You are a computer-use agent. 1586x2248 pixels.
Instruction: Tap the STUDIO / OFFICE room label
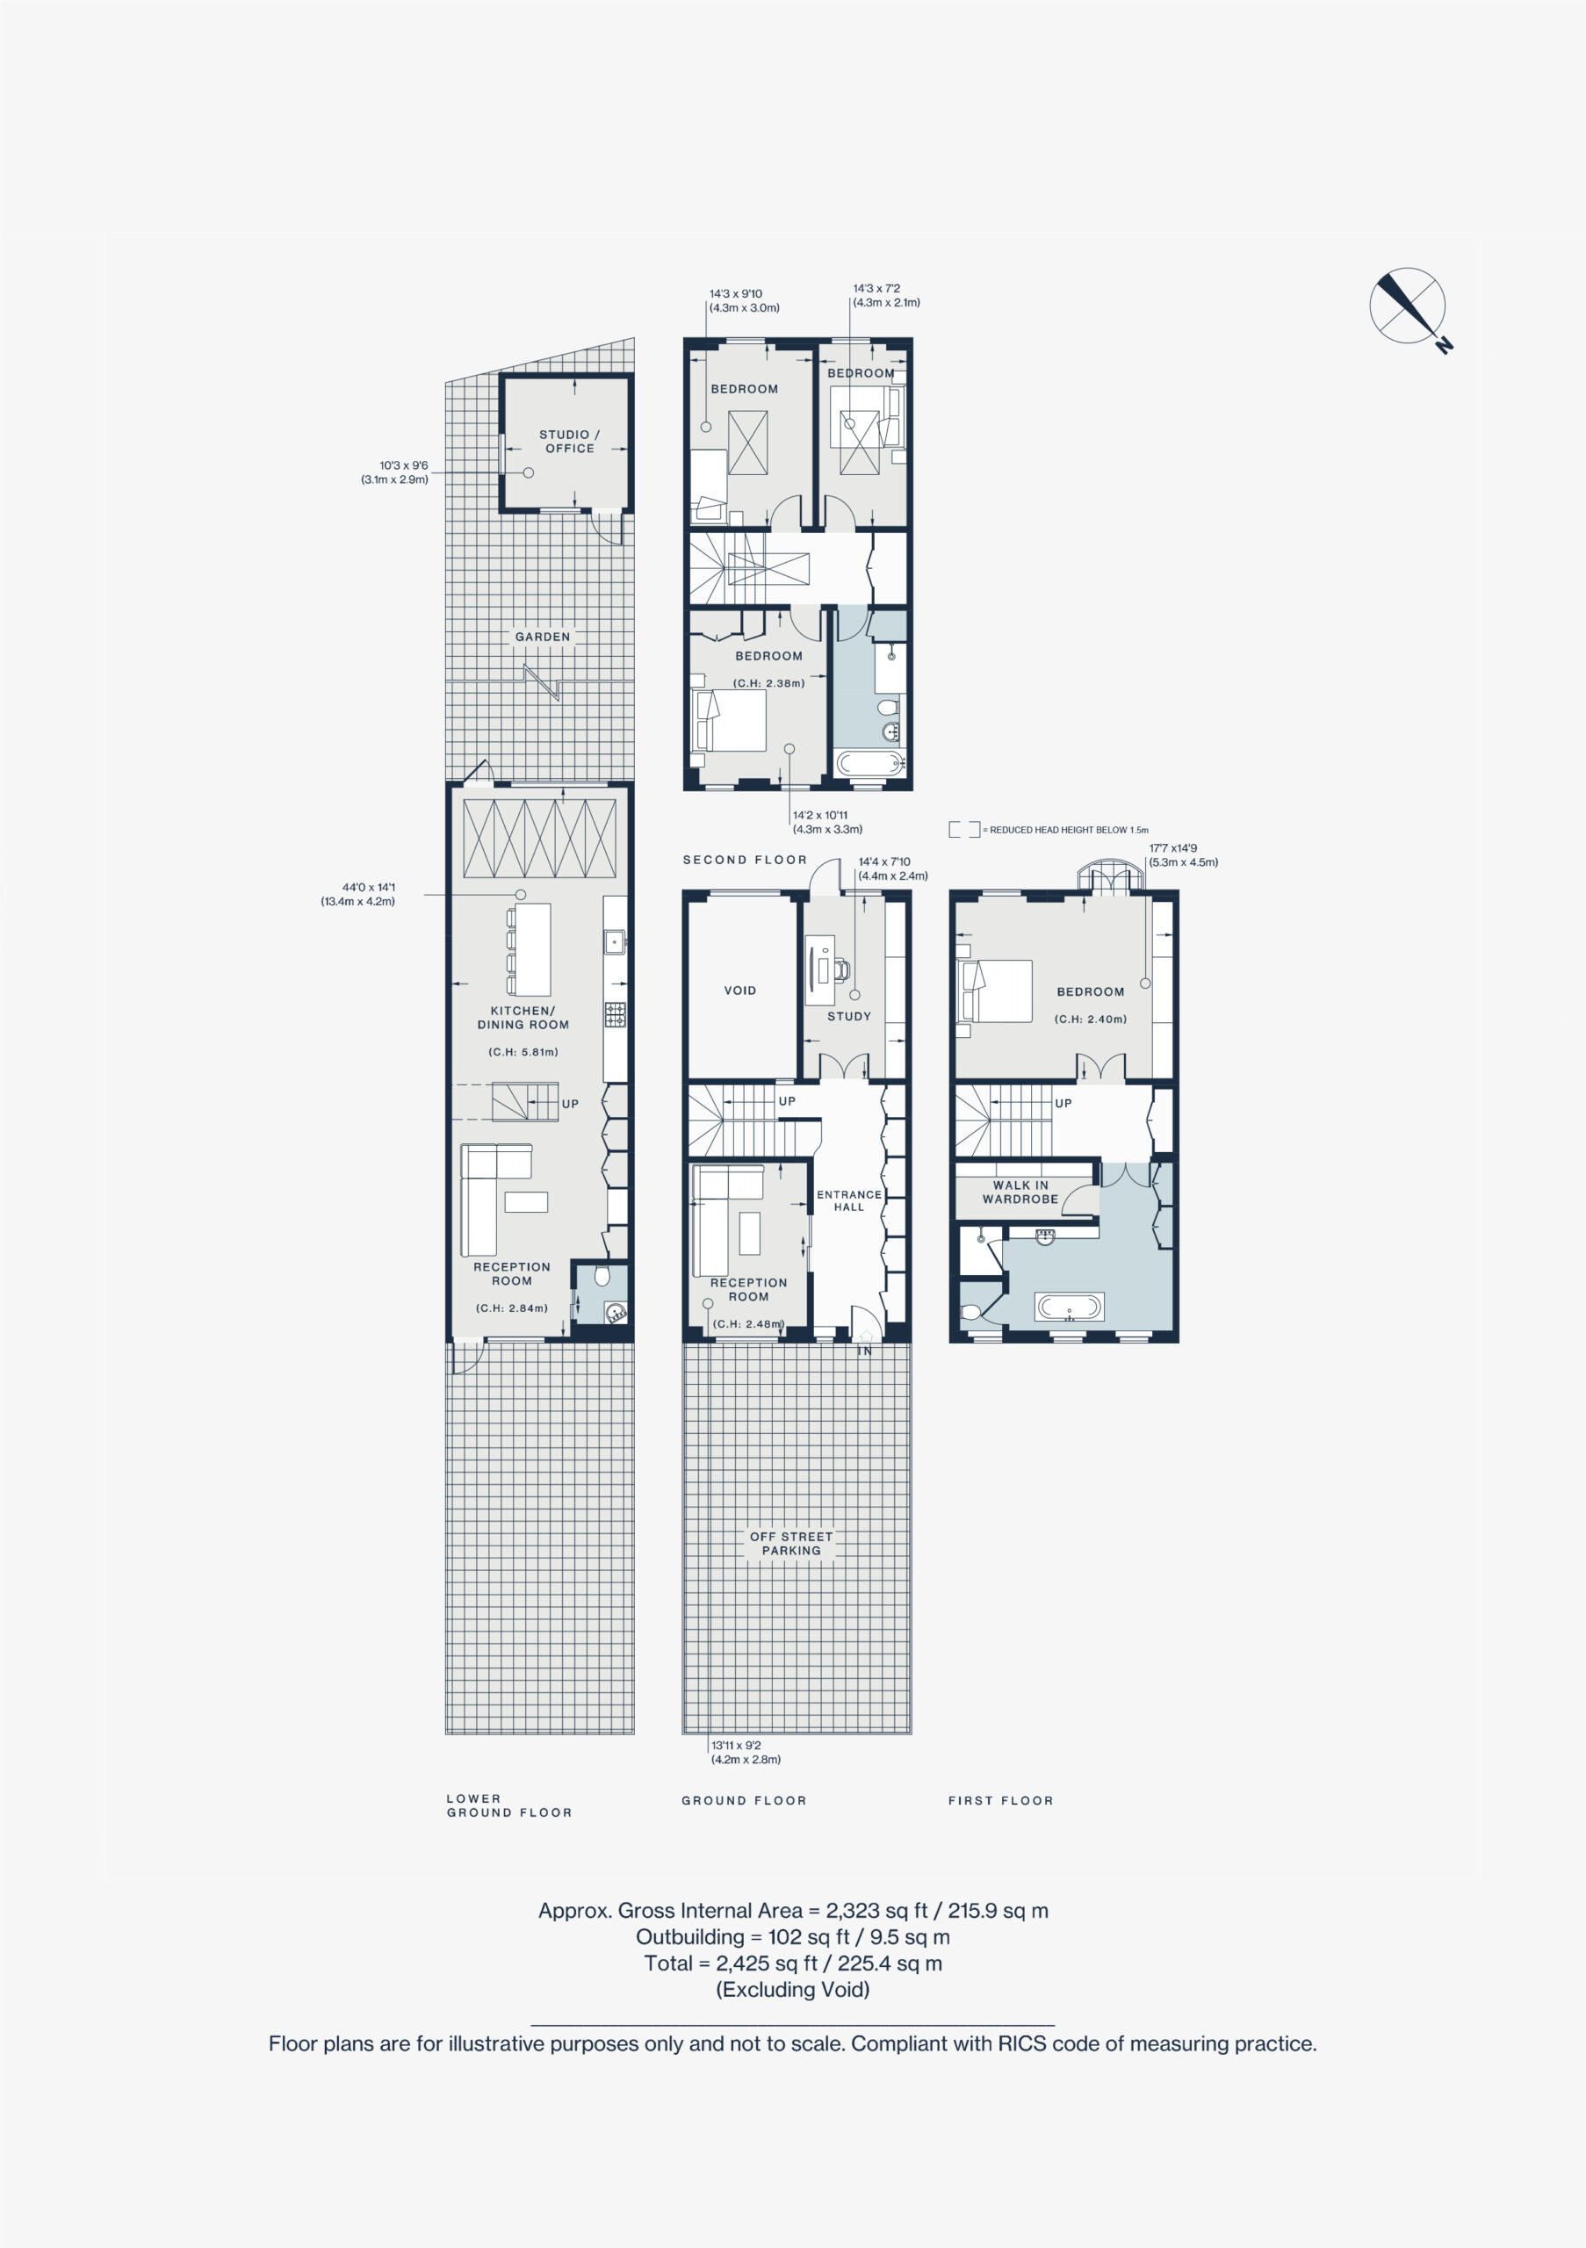[x=570, y=442]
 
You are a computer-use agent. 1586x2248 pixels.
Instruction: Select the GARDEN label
[x=543, y=637]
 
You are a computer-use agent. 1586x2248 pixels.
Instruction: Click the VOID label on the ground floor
[x=740, y=990]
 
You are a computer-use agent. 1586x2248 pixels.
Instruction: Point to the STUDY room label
[x=849, y=1016]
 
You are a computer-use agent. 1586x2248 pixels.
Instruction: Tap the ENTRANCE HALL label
[x=849, y=1200]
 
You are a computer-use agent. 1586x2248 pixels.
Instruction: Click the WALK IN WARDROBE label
[x=1020, y=1192]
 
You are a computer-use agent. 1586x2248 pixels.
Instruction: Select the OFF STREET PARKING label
[x=791, y=1543]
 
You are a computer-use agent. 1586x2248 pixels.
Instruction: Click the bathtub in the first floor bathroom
[x=1069, y=1306]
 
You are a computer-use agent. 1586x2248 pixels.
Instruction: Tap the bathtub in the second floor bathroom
[x=869, y=764]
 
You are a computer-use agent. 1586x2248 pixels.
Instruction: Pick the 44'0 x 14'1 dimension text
[x=358, y=894]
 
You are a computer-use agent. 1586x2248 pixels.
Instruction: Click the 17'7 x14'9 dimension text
[x=1183, y=854]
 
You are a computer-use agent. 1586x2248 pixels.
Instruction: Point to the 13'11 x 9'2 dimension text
[x=746, y=1752]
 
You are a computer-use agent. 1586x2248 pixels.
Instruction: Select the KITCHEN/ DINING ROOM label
[x=523, y=1017]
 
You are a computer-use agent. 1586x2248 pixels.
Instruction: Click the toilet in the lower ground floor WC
[x=602, y=1274]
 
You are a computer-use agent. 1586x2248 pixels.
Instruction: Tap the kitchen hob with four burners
[x=615, y=1014]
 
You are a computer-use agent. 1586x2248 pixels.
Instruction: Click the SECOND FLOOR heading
[x=745, y=860]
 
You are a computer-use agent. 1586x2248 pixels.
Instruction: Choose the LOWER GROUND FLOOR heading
[x=509, y=1805]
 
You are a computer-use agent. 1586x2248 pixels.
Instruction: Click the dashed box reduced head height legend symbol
[x=964, y=829]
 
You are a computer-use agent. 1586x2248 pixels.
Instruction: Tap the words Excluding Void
[x=793, y=1989]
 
